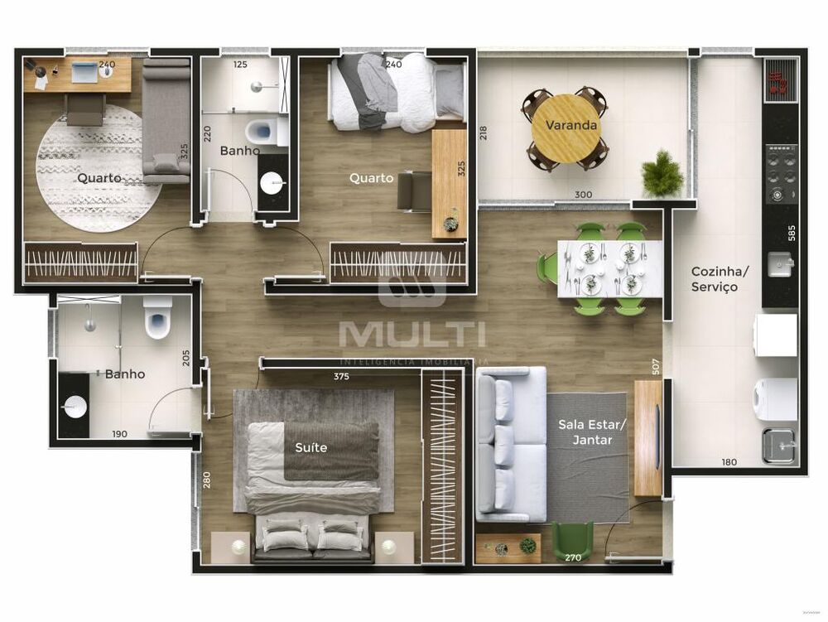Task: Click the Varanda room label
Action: (x=570, y=126)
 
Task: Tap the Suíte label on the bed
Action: (x=311, y=447)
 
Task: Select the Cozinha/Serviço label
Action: (x=720, y=279)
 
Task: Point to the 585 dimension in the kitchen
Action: (x=792, y=233)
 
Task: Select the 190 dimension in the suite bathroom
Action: (x=119, y=433)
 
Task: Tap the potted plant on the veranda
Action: (x=662, y=174)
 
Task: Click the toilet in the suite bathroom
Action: (x=156, y=319)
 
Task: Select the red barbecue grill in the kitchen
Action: (x=779, y=81)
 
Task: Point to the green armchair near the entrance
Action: (x=573, y=539)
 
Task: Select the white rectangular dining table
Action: (x=610, y=268)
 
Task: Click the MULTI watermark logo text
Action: (x=412, y=334)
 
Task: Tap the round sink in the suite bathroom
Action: (x=75, y=407)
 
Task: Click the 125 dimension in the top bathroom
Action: (x=240, y=64)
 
